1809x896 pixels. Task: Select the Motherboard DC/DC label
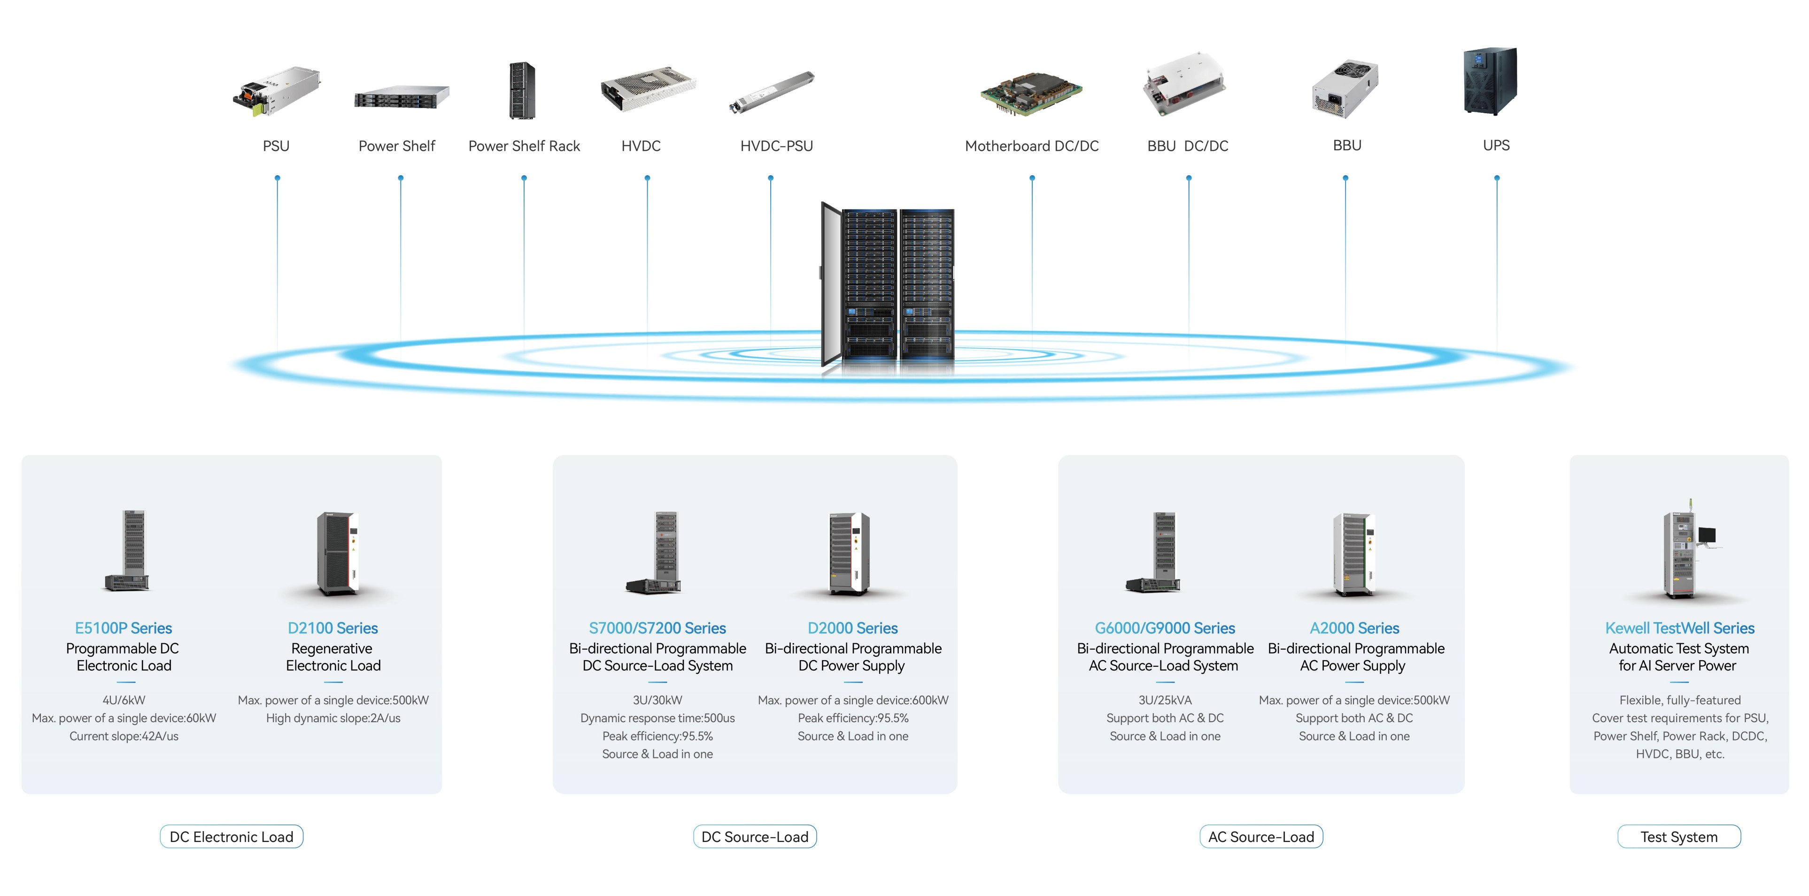(x=1031, y=146)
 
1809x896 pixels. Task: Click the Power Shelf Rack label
(x=524, y=146)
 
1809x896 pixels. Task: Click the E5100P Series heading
(x=124, y=628)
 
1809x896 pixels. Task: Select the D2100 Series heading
(x=333, y=628)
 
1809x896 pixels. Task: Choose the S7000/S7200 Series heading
(x=657, y=628)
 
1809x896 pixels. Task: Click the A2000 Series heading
(x=1354, y=628)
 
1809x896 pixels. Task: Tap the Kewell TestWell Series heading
(x=1679, y=628)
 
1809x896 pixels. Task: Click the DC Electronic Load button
(x=232, y=837)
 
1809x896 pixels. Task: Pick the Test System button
(x=1678, y=837)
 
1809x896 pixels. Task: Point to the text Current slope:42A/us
(x=124, y=736)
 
